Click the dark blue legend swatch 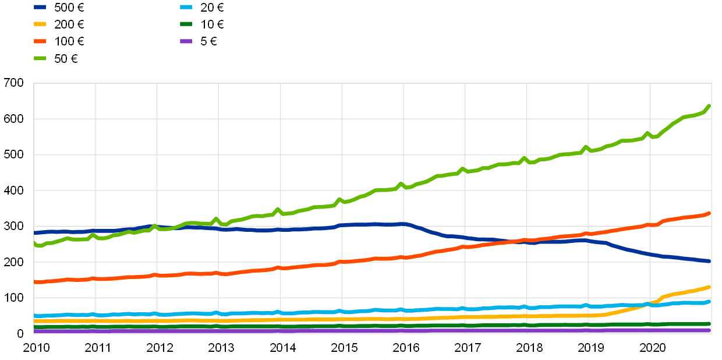coord(40,7)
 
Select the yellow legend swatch coord(40,24)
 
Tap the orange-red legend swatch coord(40,41)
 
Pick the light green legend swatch coord(40,58)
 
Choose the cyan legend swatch coord(186,7)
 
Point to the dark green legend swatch coord(186,24)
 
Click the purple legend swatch coord(186,41)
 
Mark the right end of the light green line coord(709,106)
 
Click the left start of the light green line coord(34,243)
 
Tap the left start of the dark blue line coord(34,233)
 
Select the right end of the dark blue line coord(709,261)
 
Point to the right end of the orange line coord(709,213)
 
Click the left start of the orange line coord(34,282)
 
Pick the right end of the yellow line coord(709,287)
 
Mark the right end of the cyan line coord(709,301)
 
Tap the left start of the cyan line coord(34,316)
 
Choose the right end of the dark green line coord(709,324)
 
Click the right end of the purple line coord(709,330)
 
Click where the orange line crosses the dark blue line coord(520,241)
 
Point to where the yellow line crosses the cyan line coord(647,304)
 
